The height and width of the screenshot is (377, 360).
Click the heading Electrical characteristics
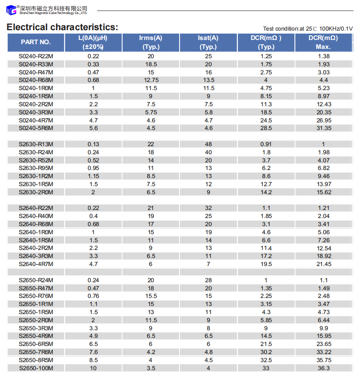(62, 27)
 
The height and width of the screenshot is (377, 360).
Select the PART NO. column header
(36, 42)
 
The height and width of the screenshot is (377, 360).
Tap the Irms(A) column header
(151, 42)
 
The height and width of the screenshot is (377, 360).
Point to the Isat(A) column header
(208, 42)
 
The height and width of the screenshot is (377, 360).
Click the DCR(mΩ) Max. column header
(323, 42)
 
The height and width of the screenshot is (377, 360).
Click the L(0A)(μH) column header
(93, 42)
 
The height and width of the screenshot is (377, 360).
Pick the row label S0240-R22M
(36, 56)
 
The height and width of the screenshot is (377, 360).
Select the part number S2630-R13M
(36, 145)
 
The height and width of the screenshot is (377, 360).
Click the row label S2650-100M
(36, 368)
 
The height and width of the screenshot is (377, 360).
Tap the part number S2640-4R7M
(36, 264)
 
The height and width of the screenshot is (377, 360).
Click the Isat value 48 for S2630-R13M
(208, 145)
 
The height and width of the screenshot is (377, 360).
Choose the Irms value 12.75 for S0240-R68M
(151, 80)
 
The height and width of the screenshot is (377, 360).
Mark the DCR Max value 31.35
(323, 128)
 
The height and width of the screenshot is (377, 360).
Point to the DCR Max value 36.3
(323, 368)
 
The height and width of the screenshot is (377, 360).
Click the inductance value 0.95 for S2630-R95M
(93, 168)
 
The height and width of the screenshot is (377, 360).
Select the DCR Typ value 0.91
(266, 145)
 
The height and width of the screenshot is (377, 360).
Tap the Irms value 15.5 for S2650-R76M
(151, 296)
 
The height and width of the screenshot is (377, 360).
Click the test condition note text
(308, 29)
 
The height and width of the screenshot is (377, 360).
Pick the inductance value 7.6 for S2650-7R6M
(93, 352)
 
